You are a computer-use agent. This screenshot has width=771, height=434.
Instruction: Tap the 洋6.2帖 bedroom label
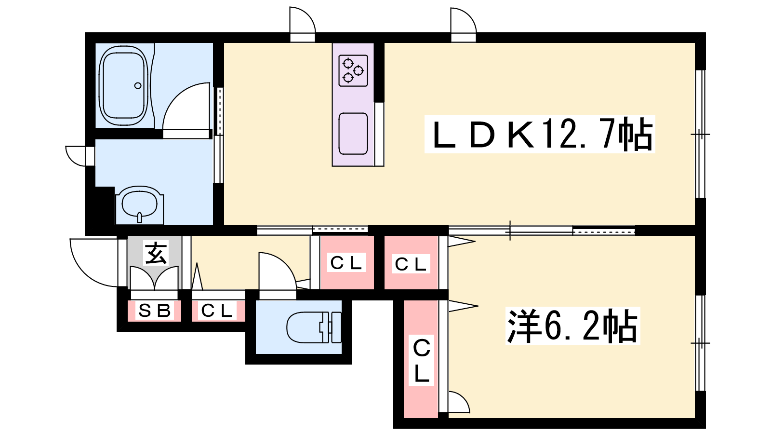click(572, 325)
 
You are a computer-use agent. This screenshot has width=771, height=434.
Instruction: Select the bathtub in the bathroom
click(124, 85)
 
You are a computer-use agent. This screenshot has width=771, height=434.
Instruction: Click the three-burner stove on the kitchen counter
click(353, 70)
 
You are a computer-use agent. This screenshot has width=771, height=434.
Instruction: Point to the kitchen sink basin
click(353, 134)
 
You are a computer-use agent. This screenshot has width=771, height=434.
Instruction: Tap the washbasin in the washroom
click(139, 205)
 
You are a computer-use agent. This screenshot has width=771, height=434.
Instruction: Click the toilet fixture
click(314, 327)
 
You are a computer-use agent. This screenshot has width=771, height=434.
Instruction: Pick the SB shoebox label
click(155, 311)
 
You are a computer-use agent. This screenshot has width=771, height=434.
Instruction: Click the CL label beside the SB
click(217, 311)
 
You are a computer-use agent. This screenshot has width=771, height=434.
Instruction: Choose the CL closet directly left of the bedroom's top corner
click(411, 264)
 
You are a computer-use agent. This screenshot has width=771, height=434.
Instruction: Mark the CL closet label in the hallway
click(346, 263)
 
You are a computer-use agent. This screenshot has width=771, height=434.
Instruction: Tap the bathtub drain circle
click(138, 85)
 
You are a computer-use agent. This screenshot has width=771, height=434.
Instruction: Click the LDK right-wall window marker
click(701, 134)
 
